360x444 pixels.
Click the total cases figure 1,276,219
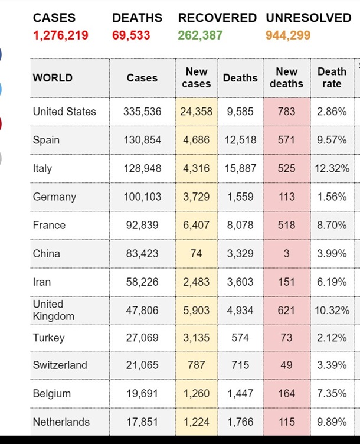pyautogui.click(x=60, y=35)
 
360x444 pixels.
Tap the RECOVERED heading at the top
pyautogui.click(x=217, y=18)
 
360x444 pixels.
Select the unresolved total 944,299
pyautogui.click(x=288, y=35)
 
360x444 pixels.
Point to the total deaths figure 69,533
pyautogui.click(x=131, y=35)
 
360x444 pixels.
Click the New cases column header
pyautogui.click(x=197, y=77)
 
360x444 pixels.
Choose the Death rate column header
pyautogui.click(x=332, y=77)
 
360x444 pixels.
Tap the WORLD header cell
pyautogui.click(x=53, y=77)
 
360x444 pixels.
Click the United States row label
pyautogui.click(x=64, y=112)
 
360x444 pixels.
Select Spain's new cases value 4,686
pyautogui.click(x=197, y=140)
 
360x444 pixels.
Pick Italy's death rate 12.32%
pyautogui.click(x=332, y=168)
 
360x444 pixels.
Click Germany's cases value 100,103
pyautogui.click(x=142, y=197)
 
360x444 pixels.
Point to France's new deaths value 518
pyautogui.click(x=286, y=225)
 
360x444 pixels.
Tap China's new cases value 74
pyautogui.click(x=197, y=253)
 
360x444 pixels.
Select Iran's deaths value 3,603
pyautogui.click(x=240, y=282)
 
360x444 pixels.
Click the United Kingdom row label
pyautogui.click(x=54, y=310)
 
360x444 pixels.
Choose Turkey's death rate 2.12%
pyautogui.click(x=332, y=338)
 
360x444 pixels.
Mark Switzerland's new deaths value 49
pyautogui.click(x=286, y=365)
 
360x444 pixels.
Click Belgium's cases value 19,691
pyautogui.click(x=142, y=393)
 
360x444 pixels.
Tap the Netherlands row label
pyautogui.click(x=61, y=422)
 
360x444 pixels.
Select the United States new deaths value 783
pyautogui.click(x=286, y=112)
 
